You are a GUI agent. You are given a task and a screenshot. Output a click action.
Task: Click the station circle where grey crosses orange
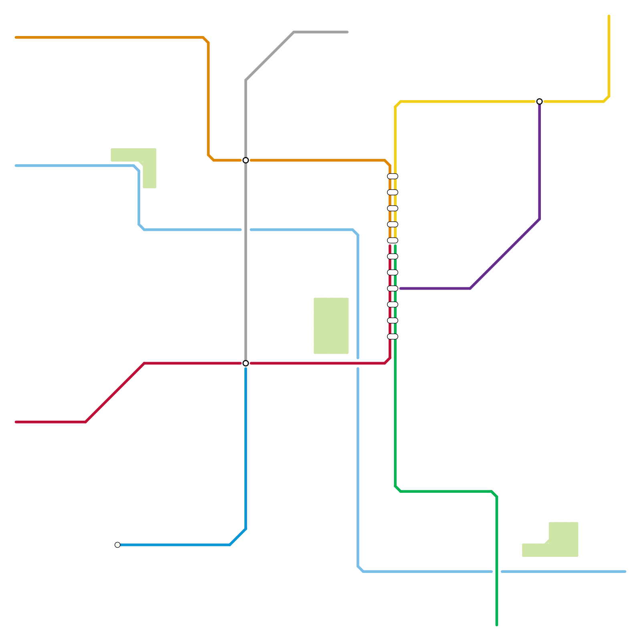pyautogui.click(x=246, y=160)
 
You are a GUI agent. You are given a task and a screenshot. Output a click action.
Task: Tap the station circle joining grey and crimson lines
pyautogui.click(x=246, y=363)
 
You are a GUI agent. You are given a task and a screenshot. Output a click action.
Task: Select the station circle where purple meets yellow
pyautogui.click(x=539, y=101)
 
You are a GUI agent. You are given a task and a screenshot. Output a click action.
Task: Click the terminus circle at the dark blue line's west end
pyautogui.click(x=117, y=545)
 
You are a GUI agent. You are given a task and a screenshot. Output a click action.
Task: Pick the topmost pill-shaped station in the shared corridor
pyautogui.click(x=393, y=176)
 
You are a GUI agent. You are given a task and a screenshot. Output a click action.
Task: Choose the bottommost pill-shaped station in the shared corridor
pyautogui.click(x=393, y=337)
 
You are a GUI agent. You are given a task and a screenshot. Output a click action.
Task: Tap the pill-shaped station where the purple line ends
pyautogui.click(x=393, y=288)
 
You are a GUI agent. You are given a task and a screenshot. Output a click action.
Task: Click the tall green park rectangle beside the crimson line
pyautogui.click(x=331, y=326)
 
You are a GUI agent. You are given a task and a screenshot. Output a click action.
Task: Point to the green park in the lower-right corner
pyautogui.click(x=563, y=541)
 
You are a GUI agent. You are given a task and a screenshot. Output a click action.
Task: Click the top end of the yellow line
pyautogui.click(x=609, y=16)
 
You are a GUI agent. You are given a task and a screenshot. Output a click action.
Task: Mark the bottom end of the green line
pyautogui.click(x=497, y=625)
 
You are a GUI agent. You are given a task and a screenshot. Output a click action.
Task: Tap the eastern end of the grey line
pyautogui.click(x=347, y=32)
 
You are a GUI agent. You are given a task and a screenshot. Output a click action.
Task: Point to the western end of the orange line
pyautogui.click(x=16, y=38)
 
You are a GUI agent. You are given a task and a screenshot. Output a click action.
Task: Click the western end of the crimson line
pyautogui.click(x=16, y=422)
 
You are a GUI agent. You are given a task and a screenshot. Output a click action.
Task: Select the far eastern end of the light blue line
pyautogui.click(x=625, y=571)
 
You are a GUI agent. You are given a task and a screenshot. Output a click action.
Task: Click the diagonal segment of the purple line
pyautogui.click(x=505, y=254)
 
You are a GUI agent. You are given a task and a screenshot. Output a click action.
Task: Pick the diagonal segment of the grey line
pyautogui.click(x=270, y=56)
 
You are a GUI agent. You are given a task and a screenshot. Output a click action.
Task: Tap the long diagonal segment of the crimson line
pyautogui.click(x=115, y=393)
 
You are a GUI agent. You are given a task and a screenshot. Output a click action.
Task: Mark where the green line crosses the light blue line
pyautogui.click(x=497, y=571)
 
